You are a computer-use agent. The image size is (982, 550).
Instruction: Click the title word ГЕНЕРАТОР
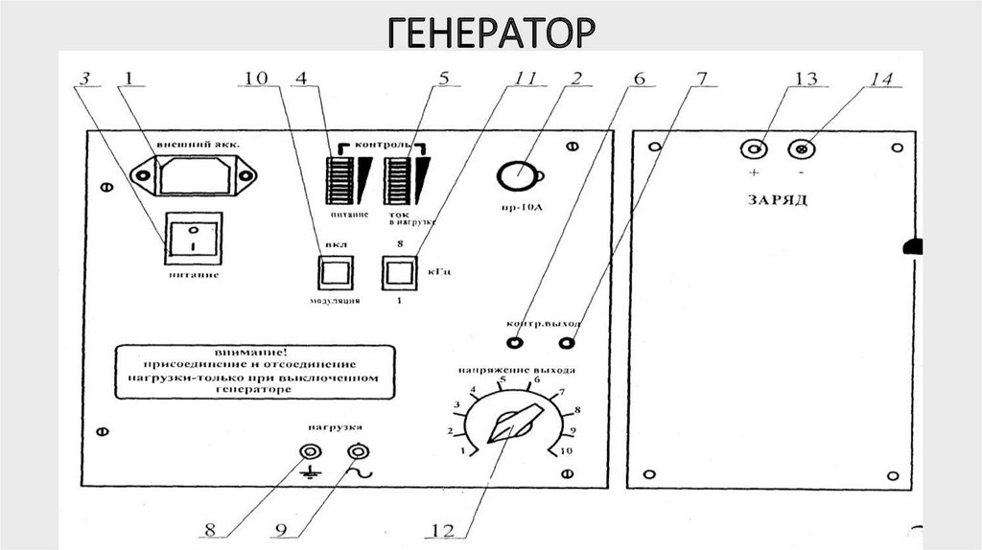pos(491,33)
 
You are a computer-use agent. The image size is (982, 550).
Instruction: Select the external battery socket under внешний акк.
pos(195,174)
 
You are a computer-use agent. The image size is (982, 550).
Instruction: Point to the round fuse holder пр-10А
pos(517,174)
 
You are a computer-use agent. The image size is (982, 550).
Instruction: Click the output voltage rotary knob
pos(513,423)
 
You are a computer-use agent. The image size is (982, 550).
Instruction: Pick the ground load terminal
pos(310,451)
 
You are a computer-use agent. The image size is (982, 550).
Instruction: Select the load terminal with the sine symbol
pos(358,451)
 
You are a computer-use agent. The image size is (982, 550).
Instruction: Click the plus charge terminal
pos(756,149)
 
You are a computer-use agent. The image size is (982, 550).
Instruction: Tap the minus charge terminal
pos(800,149)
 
